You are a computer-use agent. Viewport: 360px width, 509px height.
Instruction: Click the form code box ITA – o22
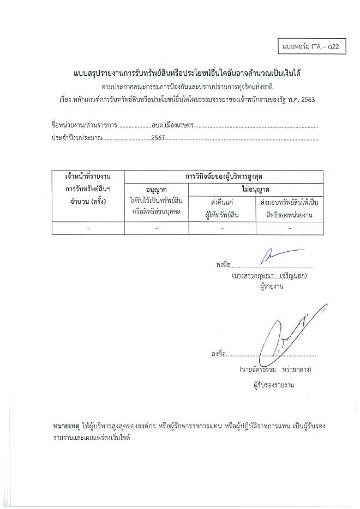click(311, 47)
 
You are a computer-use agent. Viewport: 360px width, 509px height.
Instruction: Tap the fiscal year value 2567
click(158, 139)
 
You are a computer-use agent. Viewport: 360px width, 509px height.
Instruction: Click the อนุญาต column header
click(157, 189)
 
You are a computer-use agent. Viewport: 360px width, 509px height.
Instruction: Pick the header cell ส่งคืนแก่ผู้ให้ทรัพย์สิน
click(222, 209)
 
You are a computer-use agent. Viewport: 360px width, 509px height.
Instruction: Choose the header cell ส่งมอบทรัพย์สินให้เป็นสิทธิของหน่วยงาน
click(290, 209)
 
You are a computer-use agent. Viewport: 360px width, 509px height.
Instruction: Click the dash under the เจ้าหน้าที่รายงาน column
click(88, 228)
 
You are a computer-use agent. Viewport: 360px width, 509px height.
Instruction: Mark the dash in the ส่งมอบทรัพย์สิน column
click(290, 228)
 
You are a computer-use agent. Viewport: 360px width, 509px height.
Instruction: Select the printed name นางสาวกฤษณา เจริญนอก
click(270, 276)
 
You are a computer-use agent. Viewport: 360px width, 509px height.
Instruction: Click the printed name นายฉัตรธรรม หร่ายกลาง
click(275, 369)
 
